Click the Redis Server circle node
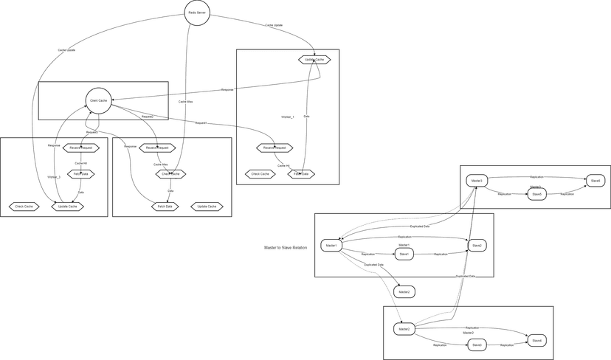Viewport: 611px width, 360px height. pyautogui.click(x=197, y=13)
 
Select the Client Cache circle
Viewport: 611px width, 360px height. pyautogui.click(x=98, y=100)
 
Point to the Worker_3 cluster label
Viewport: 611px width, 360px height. pyautogui.click(x=54, y=177)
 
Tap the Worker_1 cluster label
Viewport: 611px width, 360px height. pyautogui.click(x=288, y=117)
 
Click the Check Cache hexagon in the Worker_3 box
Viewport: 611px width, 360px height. pyautogui.click(x=24, y=207)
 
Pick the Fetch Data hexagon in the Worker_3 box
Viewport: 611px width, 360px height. pyautogui.click(x=81, y=174)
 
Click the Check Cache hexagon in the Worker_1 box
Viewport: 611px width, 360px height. pyautogui.click(x=260, y=174)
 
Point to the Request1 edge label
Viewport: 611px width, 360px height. pyautogui.click(x=201, y=122)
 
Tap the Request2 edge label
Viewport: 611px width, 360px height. pyautogui.click(x=148, y=116)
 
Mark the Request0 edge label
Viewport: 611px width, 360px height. pyautogui.click(x=92, y=132)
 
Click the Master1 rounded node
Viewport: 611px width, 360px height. pyautogui.click(x=331, y=245)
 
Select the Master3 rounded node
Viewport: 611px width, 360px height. pyautogui.click(x=477, y=181)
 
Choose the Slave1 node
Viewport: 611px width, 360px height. pyautogui.click(x=403, y=254)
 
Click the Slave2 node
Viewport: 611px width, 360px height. pyautogui.click(x=477, y=245)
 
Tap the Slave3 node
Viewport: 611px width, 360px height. pyautogui.click(x=477, y=345)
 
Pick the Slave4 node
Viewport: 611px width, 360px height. pyautogui.click(x=537, y=340)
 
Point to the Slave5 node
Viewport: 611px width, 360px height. pyautogui.click(x=536, y=194)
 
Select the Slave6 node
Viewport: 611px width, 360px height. pyautogui.click(x=595, y=181)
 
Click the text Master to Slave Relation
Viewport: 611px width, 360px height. pyautogui.click(x=286, y=247)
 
